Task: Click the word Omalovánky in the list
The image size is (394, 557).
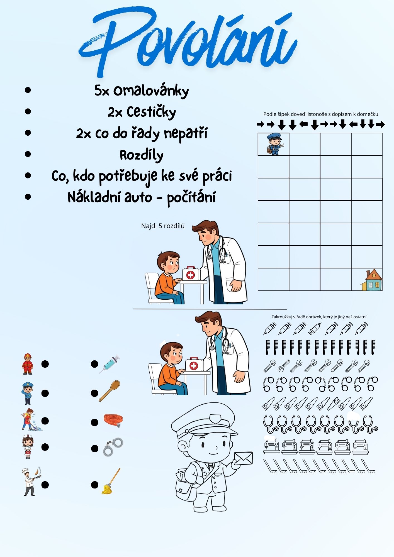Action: tap(151, 91)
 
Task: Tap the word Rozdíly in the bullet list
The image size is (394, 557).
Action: tap(142, 155)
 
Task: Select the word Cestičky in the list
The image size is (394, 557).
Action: tap(151, 112)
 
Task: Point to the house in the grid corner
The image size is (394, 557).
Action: tap(371, 280)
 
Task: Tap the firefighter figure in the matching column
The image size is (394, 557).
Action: tap(28, 364)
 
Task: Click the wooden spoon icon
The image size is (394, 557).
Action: tap(110, 390)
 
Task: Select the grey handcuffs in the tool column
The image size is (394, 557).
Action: tap(113, 447)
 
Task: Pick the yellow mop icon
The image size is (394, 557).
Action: tap(111, 481)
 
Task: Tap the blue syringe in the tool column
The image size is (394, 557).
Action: tap(109, 364)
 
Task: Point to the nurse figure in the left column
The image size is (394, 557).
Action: tap(28, 447)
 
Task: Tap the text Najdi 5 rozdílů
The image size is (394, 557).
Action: tap(163, 226)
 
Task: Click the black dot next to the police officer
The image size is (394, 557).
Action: tap(45, 393)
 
